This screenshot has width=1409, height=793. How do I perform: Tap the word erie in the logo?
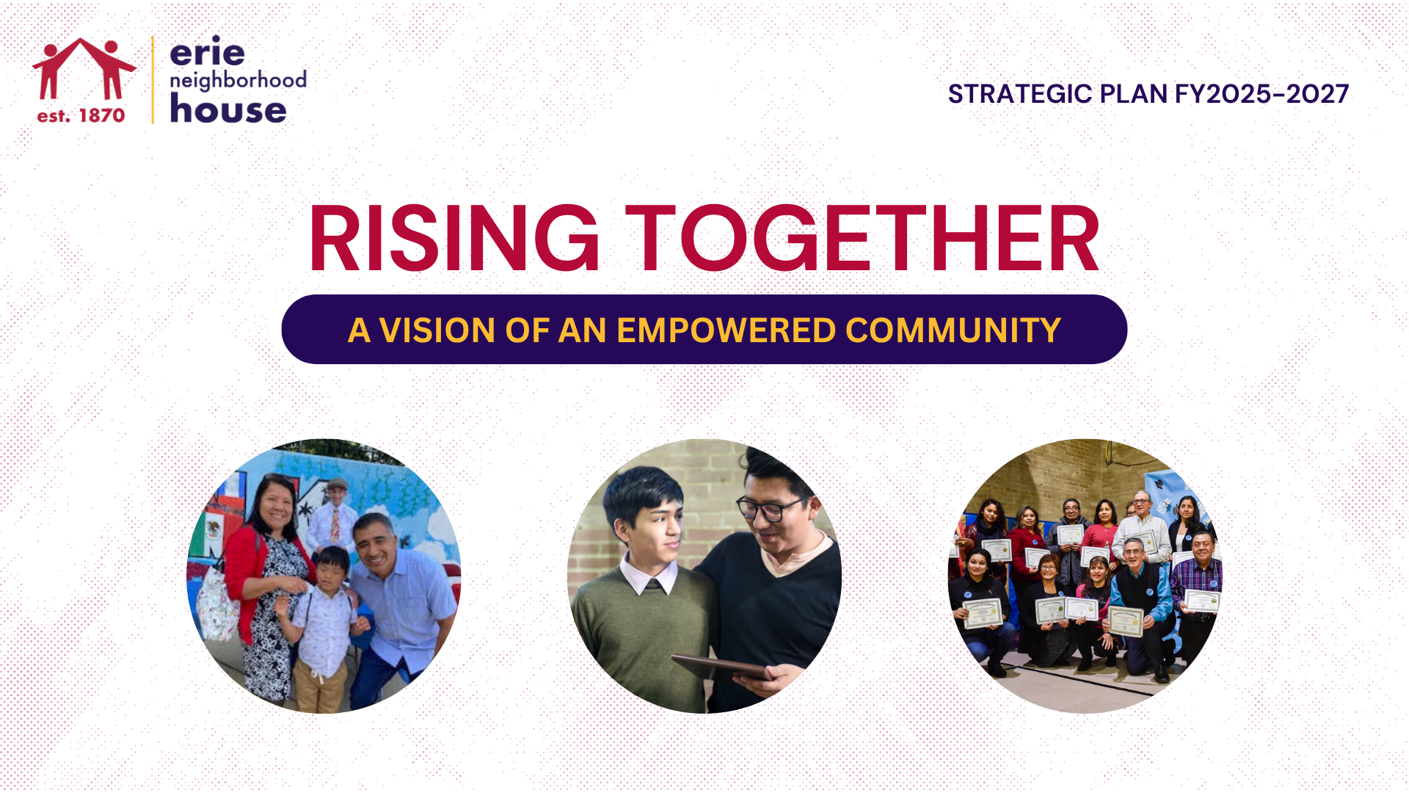(207, 51)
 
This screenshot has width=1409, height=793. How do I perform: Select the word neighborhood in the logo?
(238, 80)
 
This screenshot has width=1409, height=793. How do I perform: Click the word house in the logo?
(227, 109)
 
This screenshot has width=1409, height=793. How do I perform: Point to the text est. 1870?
(81, 115)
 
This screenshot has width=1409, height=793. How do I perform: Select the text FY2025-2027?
(1261, 94)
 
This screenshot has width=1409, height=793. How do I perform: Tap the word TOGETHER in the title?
(862, 239)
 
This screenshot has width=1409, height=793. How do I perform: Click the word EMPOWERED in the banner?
(726, 330)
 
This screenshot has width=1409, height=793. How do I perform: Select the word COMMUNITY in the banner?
(953, 330)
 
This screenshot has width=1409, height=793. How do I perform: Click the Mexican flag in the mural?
(213, 527)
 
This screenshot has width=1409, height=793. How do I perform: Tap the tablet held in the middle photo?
(721, 667)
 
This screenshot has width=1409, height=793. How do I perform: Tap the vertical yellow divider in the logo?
(153, 79)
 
